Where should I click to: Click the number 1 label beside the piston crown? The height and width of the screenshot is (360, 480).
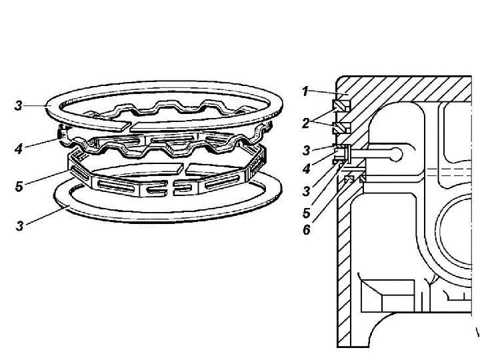[x=304, y=91]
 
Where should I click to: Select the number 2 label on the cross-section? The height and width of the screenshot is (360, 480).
[x=304, y=123]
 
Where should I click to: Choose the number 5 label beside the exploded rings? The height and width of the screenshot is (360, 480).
[x=21, y=187]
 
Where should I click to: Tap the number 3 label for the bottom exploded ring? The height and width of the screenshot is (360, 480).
[x=21, y=227]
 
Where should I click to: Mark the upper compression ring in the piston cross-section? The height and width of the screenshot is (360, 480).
[x=340, y=105]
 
